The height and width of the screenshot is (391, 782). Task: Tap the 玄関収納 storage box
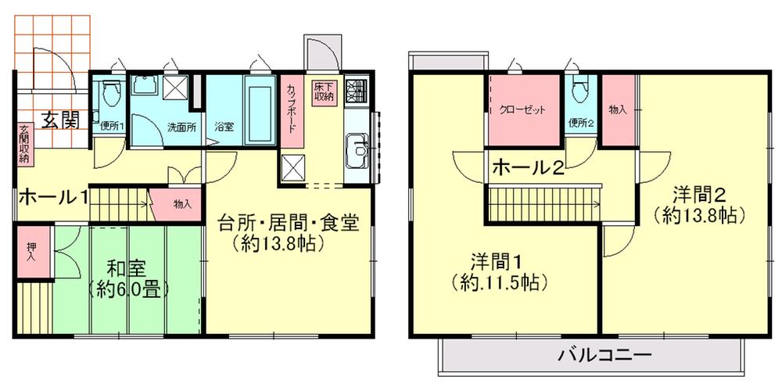pyautogui.click(x=23, y=144)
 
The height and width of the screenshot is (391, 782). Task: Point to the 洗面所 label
pyautogui.click(x=181, y=126)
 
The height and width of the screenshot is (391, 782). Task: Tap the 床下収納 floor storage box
pyautogui.click(x=323, y=91)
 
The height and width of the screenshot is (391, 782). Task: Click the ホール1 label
pyautogui.click(x=52, y=196)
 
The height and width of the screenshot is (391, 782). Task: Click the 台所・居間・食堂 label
pyautogui.click(x=288, y=224)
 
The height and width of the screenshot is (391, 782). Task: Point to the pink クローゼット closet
pyautogui.click(x=524, y=110)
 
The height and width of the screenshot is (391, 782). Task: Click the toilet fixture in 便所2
pyautogui.click(x=579, y=92)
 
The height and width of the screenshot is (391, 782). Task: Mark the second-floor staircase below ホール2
pyautogui.click(x=543, y=204)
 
